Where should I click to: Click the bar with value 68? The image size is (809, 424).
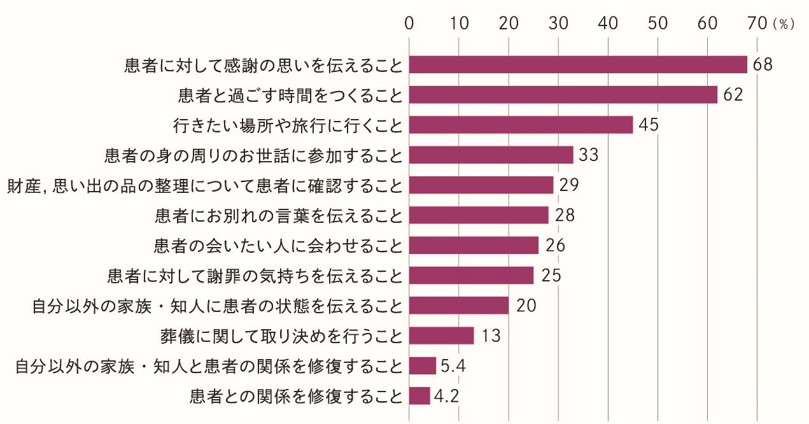pyautogui.click(x=578, y=65)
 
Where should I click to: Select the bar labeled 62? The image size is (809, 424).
pyautogui.click(x=563, y=95)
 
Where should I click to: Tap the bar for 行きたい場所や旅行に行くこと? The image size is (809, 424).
pyautogui.click(x=521, y=125)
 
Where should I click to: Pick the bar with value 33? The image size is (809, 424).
pyautogui.click(x=491, y=155)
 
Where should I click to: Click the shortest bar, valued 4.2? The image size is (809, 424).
pyautogui.click(x=419, y=396)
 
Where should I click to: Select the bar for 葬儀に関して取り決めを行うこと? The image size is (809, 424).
pyautogui.click(x=441, y=336)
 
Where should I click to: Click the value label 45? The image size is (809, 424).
pyautogui.click(x=648, y=125)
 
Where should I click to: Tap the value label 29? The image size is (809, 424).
pyautogui.click(x=568, y=185)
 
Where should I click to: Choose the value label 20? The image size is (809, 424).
pyautogui.click(x=526, y=306)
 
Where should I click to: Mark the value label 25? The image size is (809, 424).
pyautogui.click(x=550, y=276)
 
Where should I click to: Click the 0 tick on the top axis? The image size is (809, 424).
pyautogui.click(x=409, y=24)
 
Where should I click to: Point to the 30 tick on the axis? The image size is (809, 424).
pyautogui.click(x=558, y=24)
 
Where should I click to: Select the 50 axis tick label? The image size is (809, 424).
pyautogui.click(x=658, y=24)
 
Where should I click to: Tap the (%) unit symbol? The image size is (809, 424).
pyautogui.click(x=784, y=25)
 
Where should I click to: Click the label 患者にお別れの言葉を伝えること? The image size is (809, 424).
pyautogui.click(x=279, y=215)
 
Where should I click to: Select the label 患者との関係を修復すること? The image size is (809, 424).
pyautogui.click(x=297, y=396)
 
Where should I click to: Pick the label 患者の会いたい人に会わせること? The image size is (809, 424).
pyautogui.click(x=279, y=245)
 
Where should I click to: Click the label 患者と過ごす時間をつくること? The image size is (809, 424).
pyautogui.click(x=291, y=95)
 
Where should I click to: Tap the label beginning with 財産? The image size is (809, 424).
pyautogui.click(x=204, y=185)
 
